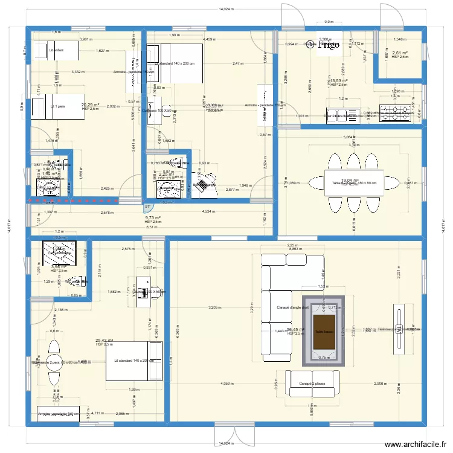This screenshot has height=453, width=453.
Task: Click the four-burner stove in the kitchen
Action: point(394,114)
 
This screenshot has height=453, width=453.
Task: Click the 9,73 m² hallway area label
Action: point(153,218)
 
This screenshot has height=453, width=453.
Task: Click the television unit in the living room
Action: point(399,330)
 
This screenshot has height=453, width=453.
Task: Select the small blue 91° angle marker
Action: point(147,208)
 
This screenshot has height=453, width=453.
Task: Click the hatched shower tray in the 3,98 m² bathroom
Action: point(59,253)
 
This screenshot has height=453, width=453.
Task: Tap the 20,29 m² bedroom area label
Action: point(91,105)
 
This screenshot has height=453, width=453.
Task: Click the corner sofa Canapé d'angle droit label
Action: point(292,307)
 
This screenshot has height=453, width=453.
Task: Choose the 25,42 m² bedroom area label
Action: point(104,341)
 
